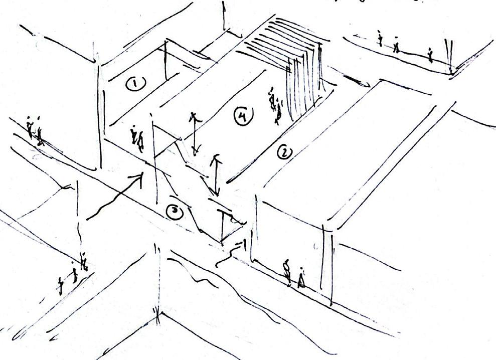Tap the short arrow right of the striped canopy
click(357, 82)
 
